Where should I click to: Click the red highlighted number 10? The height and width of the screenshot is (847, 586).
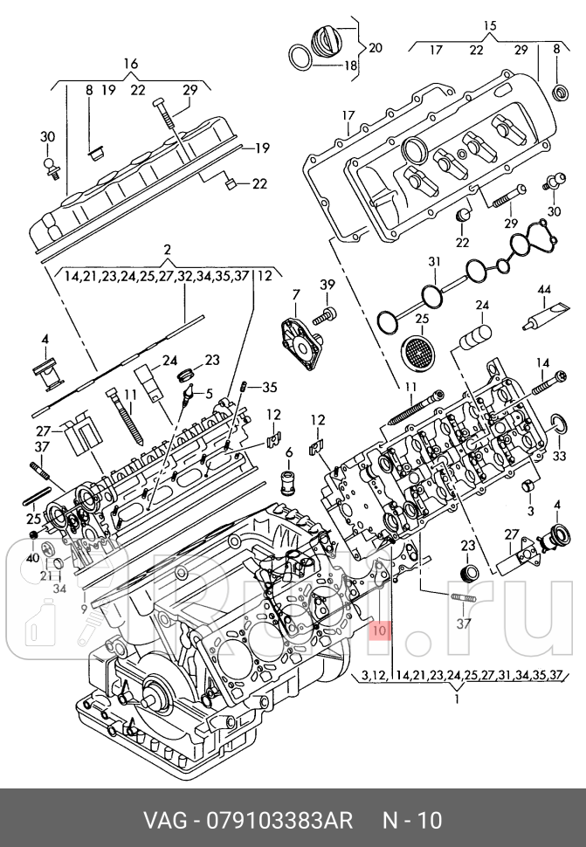[377, 628]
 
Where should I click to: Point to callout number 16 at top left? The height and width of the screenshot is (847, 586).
[131, 64]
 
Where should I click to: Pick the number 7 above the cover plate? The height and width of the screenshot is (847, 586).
[295, 294]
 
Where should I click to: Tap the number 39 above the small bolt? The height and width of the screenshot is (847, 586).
[327, 286]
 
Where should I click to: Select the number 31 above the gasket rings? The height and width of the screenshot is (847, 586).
[434, 262]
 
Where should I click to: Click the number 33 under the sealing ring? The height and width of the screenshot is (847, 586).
[559, 456]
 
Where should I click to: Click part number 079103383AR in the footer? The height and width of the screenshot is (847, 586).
[279, 821]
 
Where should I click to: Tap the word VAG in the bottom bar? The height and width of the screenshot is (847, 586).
[166, 821]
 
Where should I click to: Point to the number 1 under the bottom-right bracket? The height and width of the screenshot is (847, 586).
[458, 699]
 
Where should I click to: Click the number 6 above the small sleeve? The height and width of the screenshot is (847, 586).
[287, 451]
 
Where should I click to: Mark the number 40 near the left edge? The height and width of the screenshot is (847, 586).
[32, 558]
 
